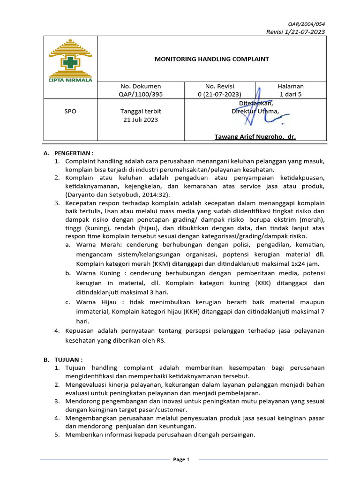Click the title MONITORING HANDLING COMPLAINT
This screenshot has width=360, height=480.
pyautogui.click(x=212, y=59)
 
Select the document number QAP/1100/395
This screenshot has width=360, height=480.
pyautogui.click(x=141, y=94)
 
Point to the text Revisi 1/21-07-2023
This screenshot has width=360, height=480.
pyautogui.click(x=295, y=31)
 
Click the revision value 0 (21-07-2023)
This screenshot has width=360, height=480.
pyautogui.click(x=220, y=94)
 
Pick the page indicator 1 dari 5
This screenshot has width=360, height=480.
pyautogui.click(x=291, y=94)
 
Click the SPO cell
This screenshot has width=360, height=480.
pyautogui.click(x=70, y=112)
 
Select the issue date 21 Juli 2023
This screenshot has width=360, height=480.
pyautogui.click(x=141, y=120)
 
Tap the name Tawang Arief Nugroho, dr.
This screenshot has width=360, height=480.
pyautogui.click(x=255, y=136)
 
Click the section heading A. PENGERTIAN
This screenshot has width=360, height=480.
pyautogui.click(x=68, y=153)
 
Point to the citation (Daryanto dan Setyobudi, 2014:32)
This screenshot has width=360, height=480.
pyautogui.click(x=118, y=194)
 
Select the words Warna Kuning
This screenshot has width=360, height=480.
pyautogui.click(x=97, y=273)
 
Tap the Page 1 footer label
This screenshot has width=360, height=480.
pyautogui.click(x=181, y=459)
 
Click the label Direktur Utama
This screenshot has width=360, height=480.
pyautogui.click(x=255, y=111)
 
